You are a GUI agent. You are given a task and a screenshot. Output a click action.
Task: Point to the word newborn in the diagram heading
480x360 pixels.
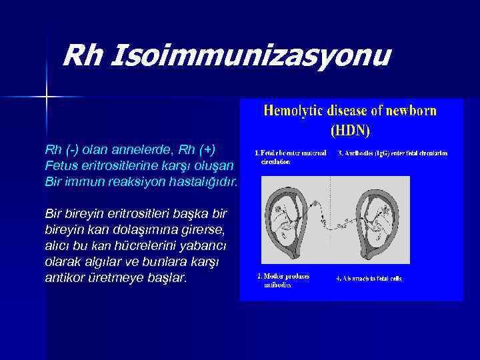pyautogui.click(x=410, y=111)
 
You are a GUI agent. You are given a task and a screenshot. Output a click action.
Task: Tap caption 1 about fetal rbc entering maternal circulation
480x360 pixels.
pyautogui.click(x=291, y=157)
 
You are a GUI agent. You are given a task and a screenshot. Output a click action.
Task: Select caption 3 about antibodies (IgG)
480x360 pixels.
pyautogui.click(x=392, y=153)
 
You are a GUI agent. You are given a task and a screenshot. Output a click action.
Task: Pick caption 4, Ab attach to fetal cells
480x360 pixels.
pyautogui.click(x=369, y=279)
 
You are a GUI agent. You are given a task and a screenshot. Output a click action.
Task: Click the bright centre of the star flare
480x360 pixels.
pyautogui.click(x=47, y=97)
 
